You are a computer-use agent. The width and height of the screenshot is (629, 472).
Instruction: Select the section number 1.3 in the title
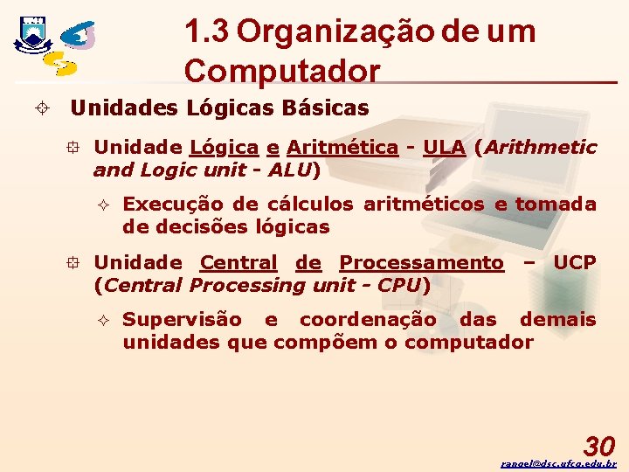(207, 32)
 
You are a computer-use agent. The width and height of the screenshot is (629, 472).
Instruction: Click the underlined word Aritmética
(342, 147)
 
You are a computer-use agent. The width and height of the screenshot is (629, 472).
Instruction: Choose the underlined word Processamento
(421, 262)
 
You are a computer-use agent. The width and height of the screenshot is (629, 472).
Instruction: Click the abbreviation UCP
(575, 262)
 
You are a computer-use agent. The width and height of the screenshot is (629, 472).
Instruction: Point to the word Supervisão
(182, 319)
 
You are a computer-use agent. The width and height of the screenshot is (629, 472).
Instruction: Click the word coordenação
(367, 319)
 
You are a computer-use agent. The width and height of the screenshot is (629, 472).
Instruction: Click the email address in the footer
(559, 463)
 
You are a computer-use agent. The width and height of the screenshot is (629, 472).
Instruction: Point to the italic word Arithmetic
(541, 147)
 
